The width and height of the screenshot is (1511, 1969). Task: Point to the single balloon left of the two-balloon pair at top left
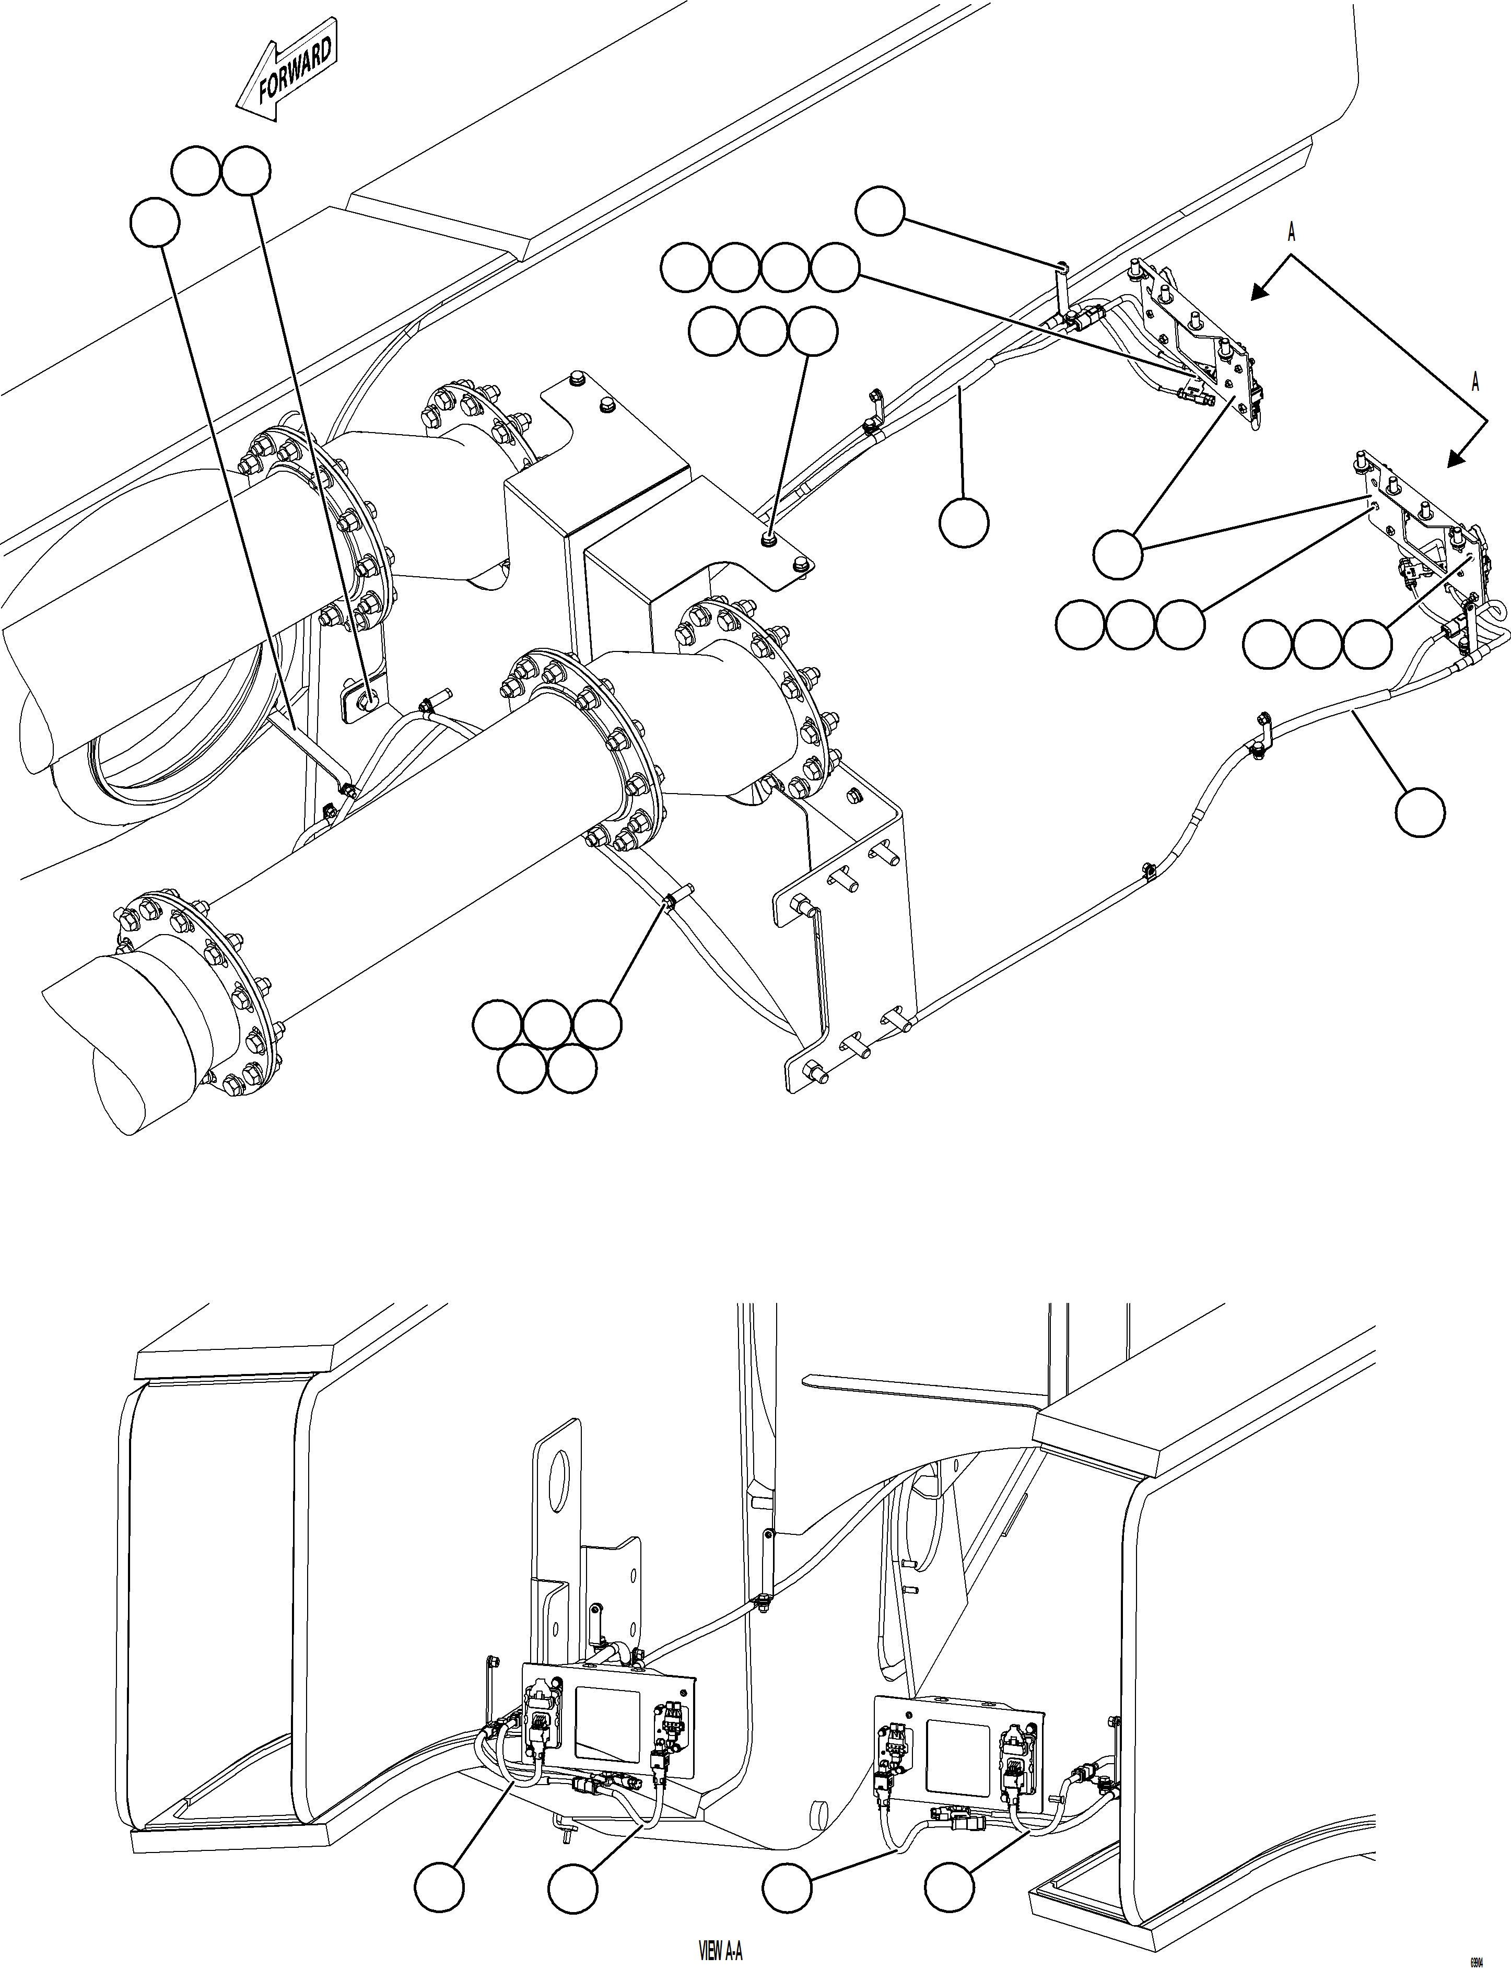pos(155,222)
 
